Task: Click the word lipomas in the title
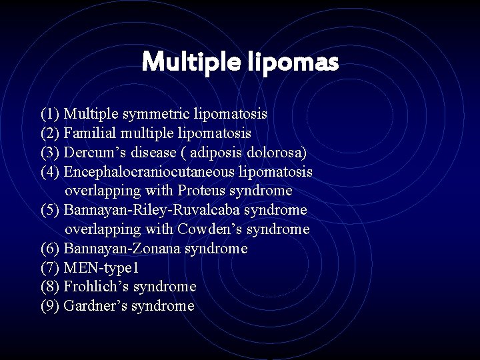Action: point(294,63)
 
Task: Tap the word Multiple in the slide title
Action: point(192,63)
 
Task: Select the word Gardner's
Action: point(95,306)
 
